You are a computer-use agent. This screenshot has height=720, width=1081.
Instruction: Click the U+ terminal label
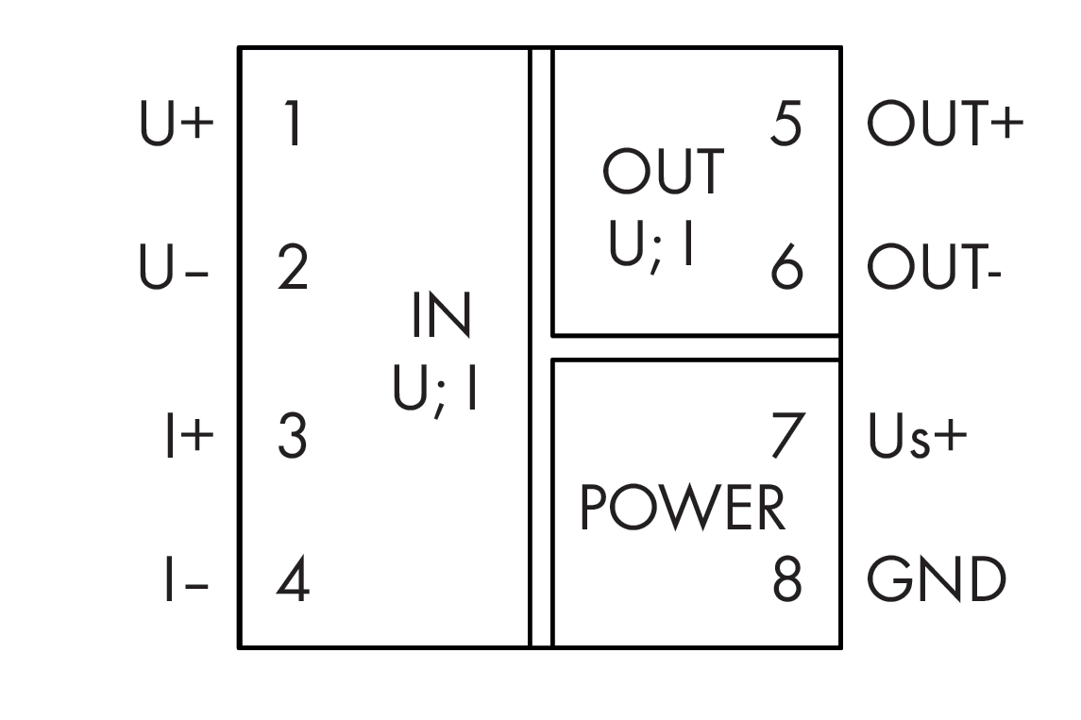177,126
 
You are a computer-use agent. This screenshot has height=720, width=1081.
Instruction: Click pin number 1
293,126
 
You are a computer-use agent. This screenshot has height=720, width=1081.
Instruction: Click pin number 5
786,126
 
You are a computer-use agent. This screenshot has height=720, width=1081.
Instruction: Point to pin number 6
786,269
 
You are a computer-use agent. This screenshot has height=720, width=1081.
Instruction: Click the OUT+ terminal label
945,126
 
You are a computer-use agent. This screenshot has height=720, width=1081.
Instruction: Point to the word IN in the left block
440,318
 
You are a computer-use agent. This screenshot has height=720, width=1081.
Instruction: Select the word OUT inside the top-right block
664,173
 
